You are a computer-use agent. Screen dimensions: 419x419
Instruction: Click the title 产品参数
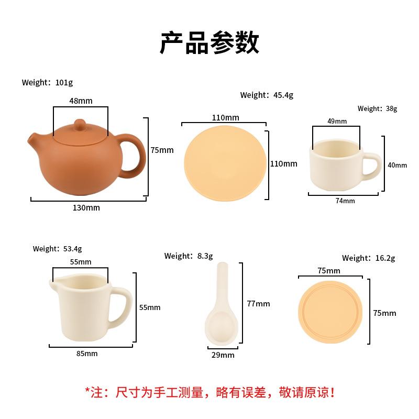(x=210, y=43)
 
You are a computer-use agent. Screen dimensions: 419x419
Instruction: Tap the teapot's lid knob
(x=80, y=124)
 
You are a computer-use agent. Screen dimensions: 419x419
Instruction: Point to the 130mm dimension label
(x=86, y=208)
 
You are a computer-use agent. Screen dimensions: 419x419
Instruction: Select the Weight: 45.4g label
(x=267, y=95)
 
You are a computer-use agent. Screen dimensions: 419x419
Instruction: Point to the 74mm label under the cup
(x=346, y=201)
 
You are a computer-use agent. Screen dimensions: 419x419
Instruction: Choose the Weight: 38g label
(x=377, y=109)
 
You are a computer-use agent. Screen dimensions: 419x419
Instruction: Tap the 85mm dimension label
(x=87, y=354)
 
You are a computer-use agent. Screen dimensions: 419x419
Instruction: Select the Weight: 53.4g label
(x=57, y=249)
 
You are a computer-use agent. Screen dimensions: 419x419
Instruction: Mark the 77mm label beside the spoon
(x=258, y=304)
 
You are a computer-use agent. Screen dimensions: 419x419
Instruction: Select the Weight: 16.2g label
(x=368, y=258)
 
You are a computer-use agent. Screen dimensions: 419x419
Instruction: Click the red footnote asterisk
(x=88, y=390)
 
